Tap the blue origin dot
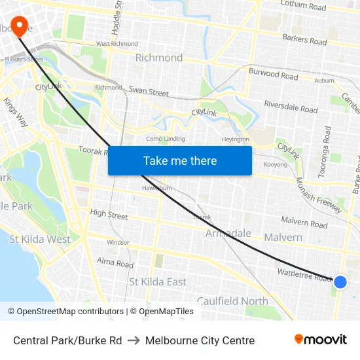pos(340,282)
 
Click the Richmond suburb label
pos(159,58)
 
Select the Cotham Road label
pos(302,7)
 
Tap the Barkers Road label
pos(304,40)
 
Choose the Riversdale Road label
pos(290,105)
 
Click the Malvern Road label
pos(304,223)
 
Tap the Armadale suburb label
pos(228,234)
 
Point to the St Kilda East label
pos(158,281)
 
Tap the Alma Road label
pos(115,263)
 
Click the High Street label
pos(109,214)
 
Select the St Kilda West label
pos(40,239)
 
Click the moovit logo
pos(320,339)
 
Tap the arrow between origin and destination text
pos(134,340)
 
